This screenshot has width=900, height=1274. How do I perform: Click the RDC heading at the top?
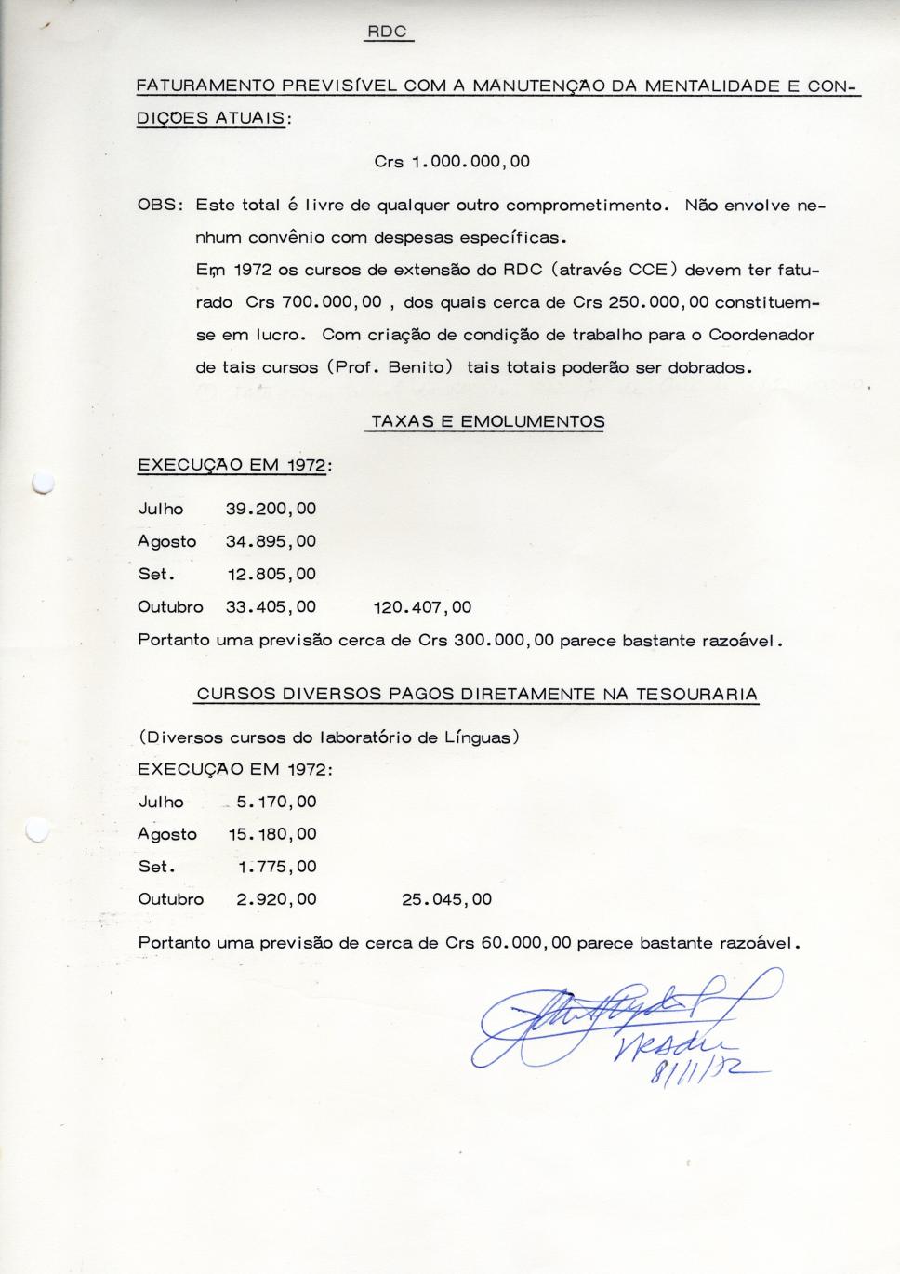(387, 32)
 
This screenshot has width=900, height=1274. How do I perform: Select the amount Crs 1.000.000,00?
(452, 161)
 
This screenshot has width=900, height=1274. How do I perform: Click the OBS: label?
(159, 205)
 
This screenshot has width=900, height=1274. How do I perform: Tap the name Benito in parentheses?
(417, 367)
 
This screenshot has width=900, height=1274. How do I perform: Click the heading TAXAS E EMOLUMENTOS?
(487, 421)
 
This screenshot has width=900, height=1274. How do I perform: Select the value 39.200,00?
(271, 509)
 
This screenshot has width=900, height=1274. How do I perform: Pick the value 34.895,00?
(271, 541)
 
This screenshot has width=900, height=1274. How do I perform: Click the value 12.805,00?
(271, 574)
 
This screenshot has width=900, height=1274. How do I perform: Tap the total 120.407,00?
(422, 607)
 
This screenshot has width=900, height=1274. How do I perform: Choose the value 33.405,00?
(271, 607)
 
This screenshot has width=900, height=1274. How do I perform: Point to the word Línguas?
(476, 737)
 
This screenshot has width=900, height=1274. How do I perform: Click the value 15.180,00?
(272, 834)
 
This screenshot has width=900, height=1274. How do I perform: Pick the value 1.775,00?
(277, 867)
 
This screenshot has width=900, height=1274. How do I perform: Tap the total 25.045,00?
(446, 899)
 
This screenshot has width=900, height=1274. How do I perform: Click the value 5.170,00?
(276, 802)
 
